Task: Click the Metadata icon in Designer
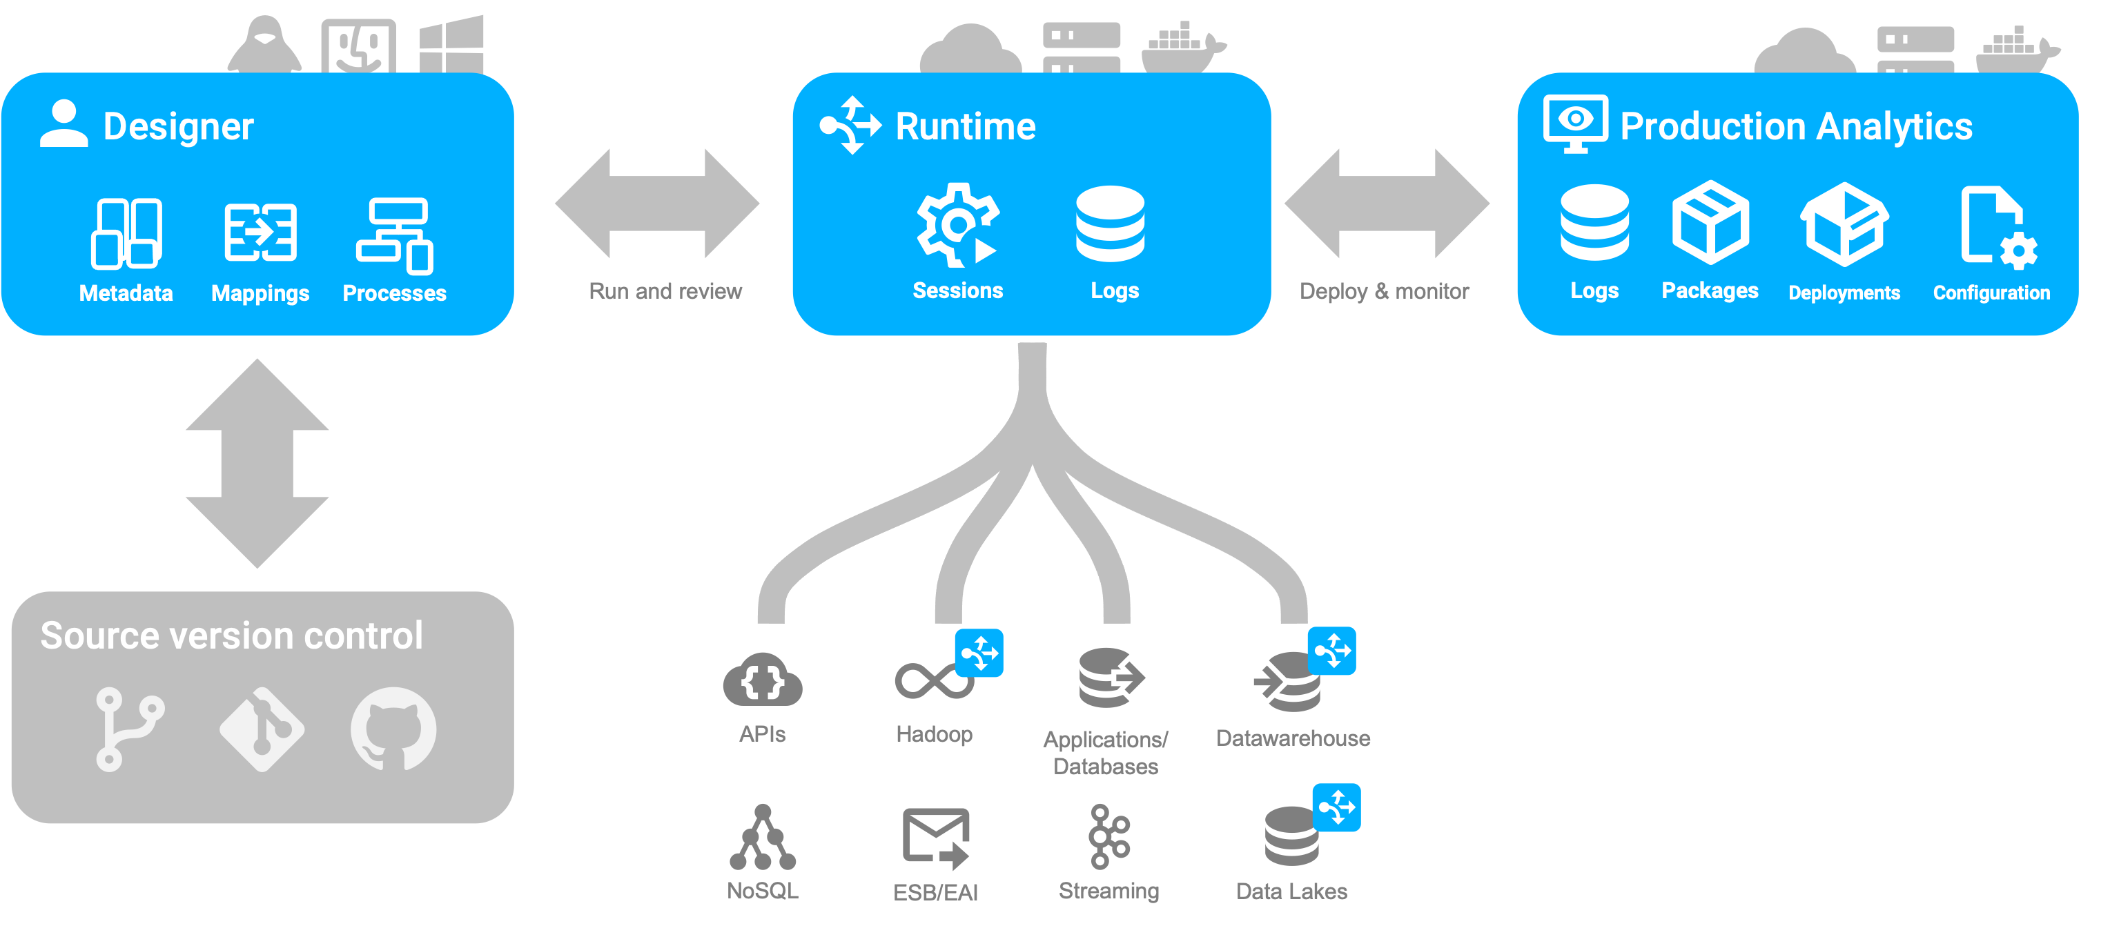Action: point(126,233)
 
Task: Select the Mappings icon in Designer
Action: point(260,233)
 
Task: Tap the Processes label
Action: point(394,293)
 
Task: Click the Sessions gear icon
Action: point(956,224)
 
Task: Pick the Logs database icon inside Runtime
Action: point(1110,224)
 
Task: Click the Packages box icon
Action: point(1710,222)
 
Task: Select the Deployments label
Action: point(1844,293)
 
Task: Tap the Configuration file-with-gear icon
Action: point(1997,227)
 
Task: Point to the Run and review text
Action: point(665,291)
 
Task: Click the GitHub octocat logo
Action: point(393,729)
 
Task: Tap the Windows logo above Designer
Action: point(451,45)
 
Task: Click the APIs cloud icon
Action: point(762,680)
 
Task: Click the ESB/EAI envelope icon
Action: point(935,838)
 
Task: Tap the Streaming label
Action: point(1108,891)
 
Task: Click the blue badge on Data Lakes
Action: point(1336,807)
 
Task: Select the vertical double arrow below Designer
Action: point(257,464)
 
